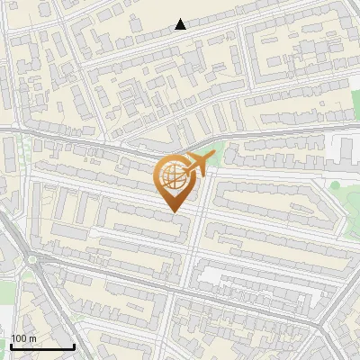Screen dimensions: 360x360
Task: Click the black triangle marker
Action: tap(181, 24)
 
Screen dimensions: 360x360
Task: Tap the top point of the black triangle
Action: tap(181, 19)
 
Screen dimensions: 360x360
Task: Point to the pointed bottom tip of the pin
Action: tap(173, 212)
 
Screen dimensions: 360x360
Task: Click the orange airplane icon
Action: tap(199, 164)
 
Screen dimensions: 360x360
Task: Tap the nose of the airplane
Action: tap(213, 157)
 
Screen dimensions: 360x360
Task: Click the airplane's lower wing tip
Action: tap(202, 175)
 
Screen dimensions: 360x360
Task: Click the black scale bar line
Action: tap(41, 346)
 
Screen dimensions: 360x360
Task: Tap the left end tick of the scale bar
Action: tap(10, 345)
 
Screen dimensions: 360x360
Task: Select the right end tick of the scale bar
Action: tap(74, 345)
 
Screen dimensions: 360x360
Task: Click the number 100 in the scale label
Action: tap(19, 337)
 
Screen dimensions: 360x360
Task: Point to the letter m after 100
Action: tap(31, 337)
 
